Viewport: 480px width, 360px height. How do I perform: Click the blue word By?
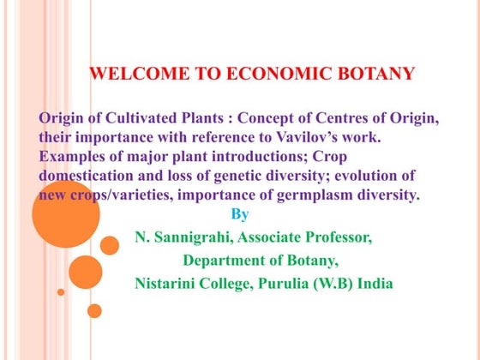coord(240,214)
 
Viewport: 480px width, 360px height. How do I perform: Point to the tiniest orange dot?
coord(61,291)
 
